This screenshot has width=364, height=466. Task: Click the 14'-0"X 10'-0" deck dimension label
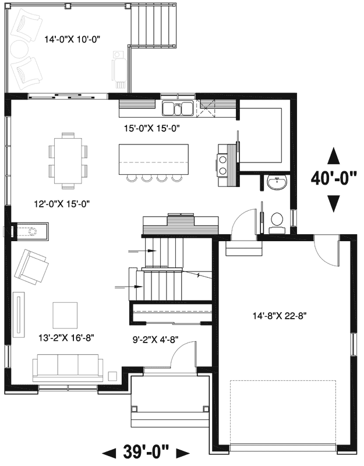click(73, 40)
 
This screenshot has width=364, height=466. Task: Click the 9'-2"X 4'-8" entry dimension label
click(155, 336)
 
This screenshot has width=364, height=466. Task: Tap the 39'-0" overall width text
click(146, 451)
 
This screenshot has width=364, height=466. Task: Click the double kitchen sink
click(178, 108)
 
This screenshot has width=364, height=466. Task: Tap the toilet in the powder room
click(277, 221)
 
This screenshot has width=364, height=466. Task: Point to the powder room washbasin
click(276, 183)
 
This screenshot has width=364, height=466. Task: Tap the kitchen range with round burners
click(223, 164)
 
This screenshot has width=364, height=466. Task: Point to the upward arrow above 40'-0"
click(333, 156)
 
